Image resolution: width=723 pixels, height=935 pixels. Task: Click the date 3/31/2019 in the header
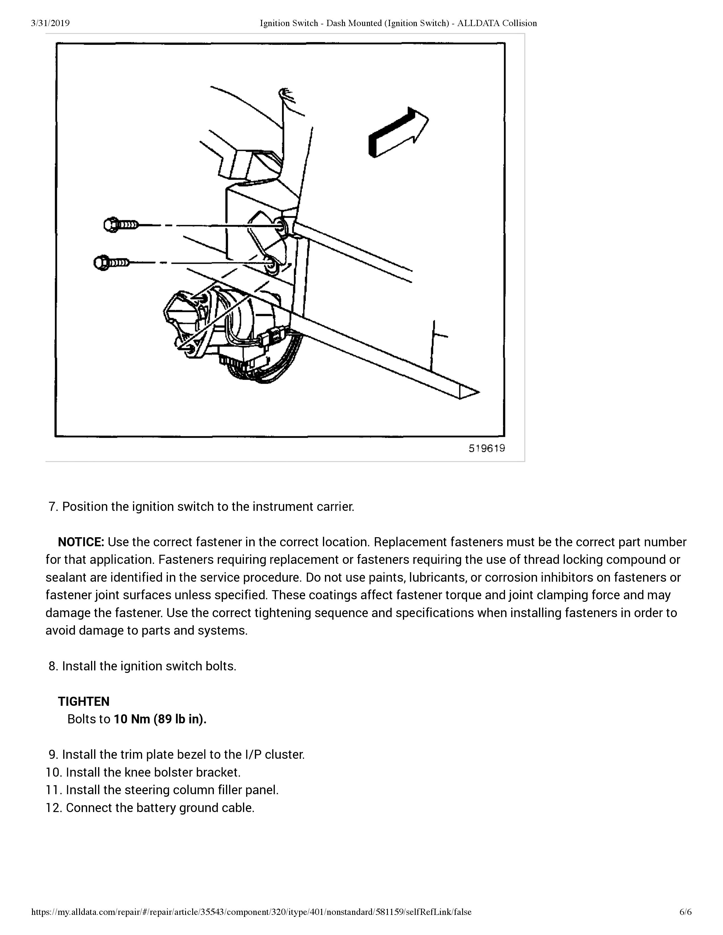[x=50, y=23]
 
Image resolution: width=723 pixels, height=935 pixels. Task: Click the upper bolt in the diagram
[x=121, y=225]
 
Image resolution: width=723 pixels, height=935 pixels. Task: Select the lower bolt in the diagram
[x=111, y=262]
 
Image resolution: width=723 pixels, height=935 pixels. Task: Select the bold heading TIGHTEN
[x=84, y=701]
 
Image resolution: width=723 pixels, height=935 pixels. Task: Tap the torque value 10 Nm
[x=132, y=719]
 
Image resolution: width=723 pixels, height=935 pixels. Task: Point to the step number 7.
[x=53, y=507]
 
